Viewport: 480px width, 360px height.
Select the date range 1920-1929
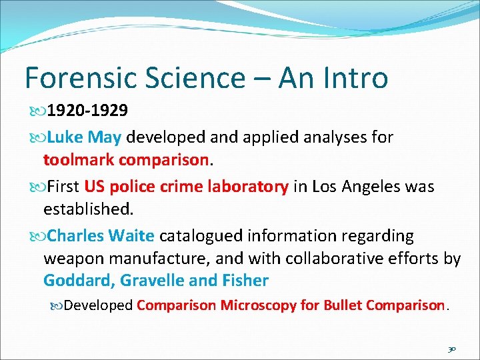click(89, 109)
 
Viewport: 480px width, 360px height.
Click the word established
click(89, 209)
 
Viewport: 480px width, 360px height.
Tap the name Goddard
click(78, 281)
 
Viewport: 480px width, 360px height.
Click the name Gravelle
click(151, 281)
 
